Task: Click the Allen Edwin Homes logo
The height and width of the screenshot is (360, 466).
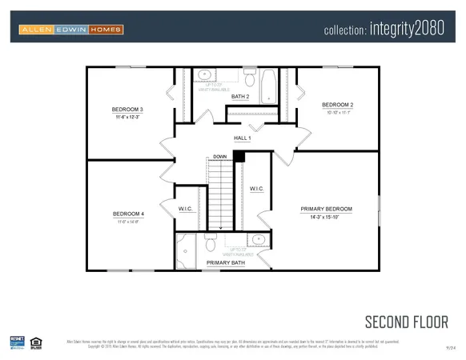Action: pyautogui.click(x=70, y=30)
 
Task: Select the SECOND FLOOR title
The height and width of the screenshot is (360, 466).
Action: pyautogui.click(x=406, y=322)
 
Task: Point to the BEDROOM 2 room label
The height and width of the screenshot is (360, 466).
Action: pyautogui.click(x=337, y=105)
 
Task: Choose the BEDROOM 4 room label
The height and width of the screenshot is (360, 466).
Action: pyautogui.click(x=128, y=214)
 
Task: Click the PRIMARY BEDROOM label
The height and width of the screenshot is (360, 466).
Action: pyautogui.click(x=326, y=209)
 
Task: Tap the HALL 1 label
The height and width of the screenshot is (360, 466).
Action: pyautogui.click(x=242, y=138)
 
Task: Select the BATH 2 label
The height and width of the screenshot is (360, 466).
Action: pyautogui.click(x=240, y=97)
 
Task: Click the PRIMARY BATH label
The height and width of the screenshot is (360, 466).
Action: pyautogui.click(x=226, y=262)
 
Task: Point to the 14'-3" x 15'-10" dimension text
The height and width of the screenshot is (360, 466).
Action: pyautogui.click(x=326, y=217)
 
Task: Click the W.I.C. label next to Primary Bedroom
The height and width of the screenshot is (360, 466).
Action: pyautogui.click(x=256, y=189)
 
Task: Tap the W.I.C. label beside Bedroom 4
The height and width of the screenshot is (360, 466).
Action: pyautogui.click(x=186, y=208)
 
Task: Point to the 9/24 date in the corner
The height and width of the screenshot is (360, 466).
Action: pyautogui.click(x=450, y=349)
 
